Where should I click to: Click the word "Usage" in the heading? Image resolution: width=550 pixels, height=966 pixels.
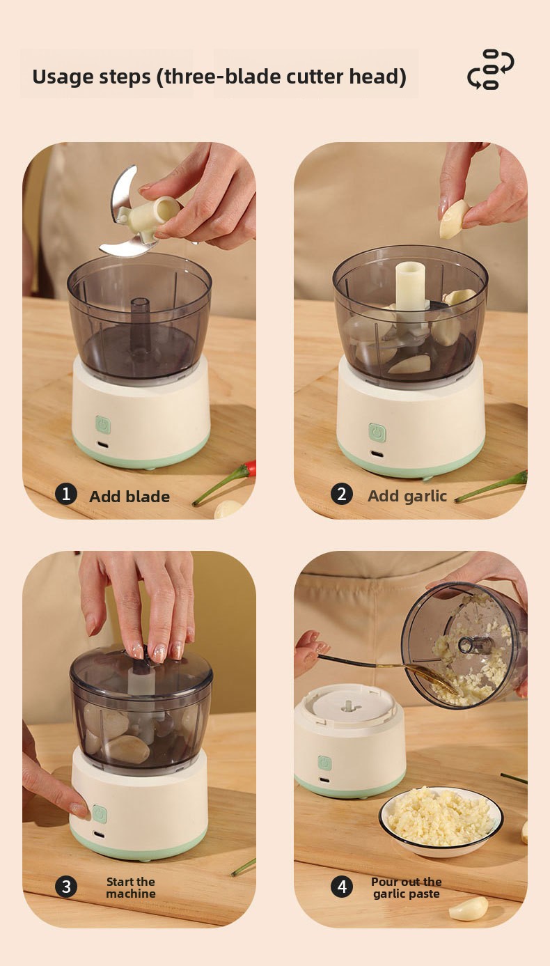pyautogui.click(x=62, y=77)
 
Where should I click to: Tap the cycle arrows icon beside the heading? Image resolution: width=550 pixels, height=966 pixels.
pyautogui.click(x=491, y=69)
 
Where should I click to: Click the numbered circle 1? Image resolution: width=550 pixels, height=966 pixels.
pyautogui.click(x=66, y=494)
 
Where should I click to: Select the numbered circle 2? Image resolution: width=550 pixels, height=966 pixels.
pyautogui.click(x=342, y=494)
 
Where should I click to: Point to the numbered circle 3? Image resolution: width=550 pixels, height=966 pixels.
pyautogui.click(x=66, y=887)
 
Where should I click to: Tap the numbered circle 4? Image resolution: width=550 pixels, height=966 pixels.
pyautogui.click(x=342, y=887)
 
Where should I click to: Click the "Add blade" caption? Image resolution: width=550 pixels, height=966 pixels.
pyautogui.click(x=129, y=497)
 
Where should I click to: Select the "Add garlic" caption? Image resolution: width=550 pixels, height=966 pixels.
pyautogui.click(x=407, y=497)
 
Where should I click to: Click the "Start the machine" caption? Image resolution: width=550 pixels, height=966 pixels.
pyautogui.click(x=131, y=887)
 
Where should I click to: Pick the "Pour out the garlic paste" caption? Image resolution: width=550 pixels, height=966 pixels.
pyautogui.click(x=406, y=887)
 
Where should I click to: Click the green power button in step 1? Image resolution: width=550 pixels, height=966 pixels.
pyautogui.click(x=103, y=425)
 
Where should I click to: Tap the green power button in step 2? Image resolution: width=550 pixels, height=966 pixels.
pyautogui.click(x=377, y=432)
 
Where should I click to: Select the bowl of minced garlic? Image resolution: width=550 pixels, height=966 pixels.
pyautogui.click(x=441, y=821)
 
